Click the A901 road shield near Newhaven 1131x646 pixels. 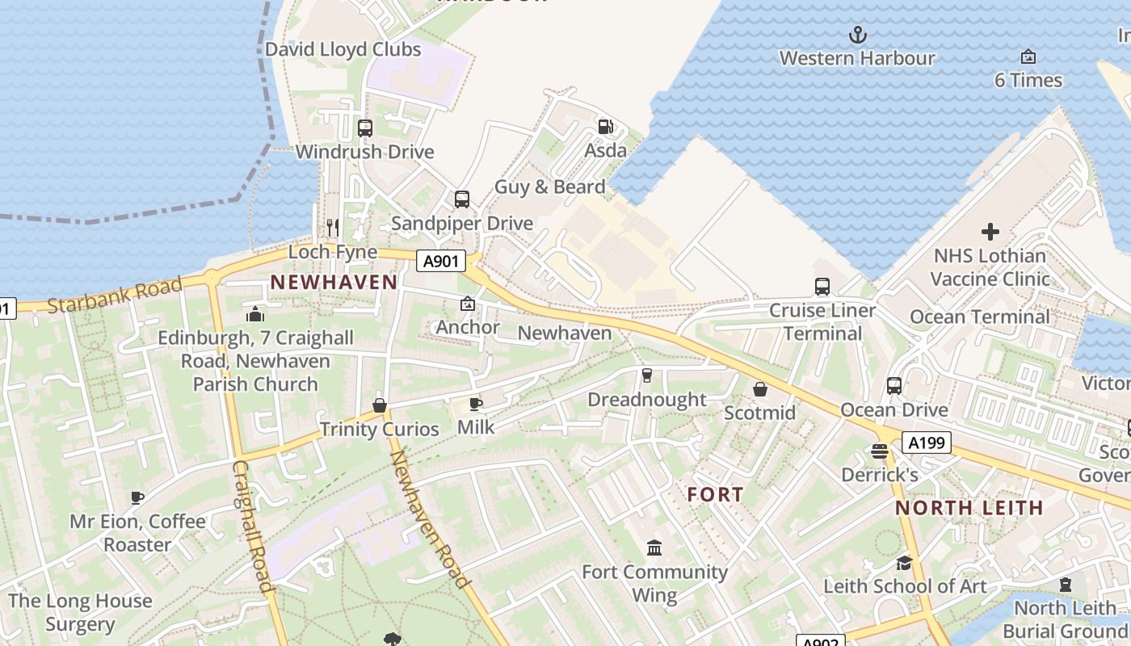441,261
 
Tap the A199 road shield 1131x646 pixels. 926,443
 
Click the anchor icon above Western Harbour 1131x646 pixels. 857,35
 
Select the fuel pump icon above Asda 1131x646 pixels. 605,126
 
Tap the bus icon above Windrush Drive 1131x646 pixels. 365,128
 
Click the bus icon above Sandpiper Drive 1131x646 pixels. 462,199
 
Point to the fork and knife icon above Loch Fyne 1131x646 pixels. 332,227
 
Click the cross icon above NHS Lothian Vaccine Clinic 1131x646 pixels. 990,232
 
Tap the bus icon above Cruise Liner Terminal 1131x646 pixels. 822,286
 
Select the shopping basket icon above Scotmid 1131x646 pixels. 760,389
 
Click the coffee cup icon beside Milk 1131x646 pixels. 476,403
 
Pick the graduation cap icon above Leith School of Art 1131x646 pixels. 905,562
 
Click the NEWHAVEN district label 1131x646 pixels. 334,283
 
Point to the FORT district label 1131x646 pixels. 715,494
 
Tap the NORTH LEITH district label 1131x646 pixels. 969,508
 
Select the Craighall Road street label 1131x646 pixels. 251,526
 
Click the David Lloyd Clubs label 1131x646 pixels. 343,49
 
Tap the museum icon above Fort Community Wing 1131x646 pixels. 654,548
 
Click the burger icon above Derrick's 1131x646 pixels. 880,451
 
